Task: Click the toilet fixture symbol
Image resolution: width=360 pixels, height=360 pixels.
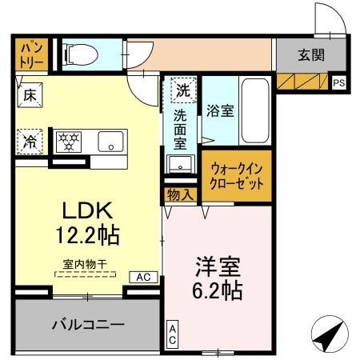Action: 80,54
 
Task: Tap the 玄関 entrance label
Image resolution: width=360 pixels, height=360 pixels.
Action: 312,55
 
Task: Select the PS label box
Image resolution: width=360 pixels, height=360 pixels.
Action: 338,82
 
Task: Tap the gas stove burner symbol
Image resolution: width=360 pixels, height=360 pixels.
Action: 70,142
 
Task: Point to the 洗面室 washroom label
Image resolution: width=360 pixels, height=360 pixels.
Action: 181,130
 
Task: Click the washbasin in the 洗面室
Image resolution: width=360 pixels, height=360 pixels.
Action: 180,166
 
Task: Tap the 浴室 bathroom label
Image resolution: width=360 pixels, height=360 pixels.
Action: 220,112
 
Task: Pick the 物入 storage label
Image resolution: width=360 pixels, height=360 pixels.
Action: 179,194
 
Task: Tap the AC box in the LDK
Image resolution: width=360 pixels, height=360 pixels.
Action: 143,277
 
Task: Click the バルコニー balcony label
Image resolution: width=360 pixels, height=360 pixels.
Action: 88,326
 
